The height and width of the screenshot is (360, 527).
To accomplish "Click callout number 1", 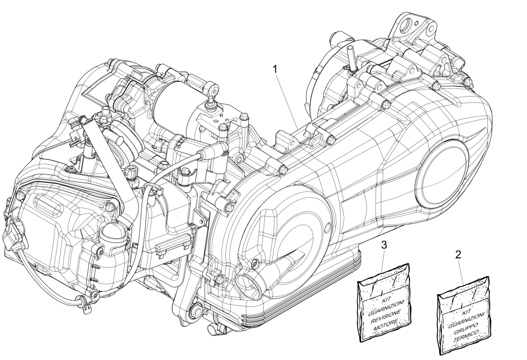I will pos(276,68).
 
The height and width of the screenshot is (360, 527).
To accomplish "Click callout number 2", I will pos(458,254).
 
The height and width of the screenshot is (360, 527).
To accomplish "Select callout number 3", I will pos(385,245).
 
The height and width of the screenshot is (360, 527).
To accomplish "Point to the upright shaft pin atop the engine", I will pos(353,56).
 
